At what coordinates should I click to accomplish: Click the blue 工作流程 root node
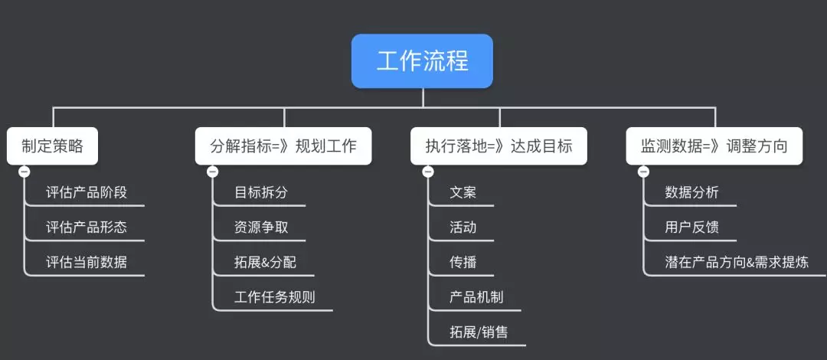422,61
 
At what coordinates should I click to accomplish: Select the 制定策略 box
53,146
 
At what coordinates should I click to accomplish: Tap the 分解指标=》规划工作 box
283,146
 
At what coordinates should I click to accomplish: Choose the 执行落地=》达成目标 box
499,146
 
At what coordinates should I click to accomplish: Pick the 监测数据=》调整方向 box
714,146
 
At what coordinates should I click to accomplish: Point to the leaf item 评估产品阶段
87,192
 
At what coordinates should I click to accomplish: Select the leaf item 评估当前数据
87,263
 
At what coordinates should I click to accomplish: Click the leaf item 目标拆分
261,192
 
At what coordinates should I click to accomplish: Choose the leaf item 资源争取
261,227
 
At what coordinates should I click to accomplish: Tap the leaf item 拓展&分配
265,263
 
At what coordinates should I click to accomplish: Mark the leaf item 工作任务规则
275,298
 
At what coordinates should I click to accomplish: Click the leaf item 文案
463,192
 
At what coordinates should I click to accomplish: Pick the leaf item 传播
463,263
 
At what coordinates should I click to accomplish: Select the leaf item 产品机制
476,298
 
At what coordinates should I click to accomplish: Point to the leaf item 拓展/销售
479,332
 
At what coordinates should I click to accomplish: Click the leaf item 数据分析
692,192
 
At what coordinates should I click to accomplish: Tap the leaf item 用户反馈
692,227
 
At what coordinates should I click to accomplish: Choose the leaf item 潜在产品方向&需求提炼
736,263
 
